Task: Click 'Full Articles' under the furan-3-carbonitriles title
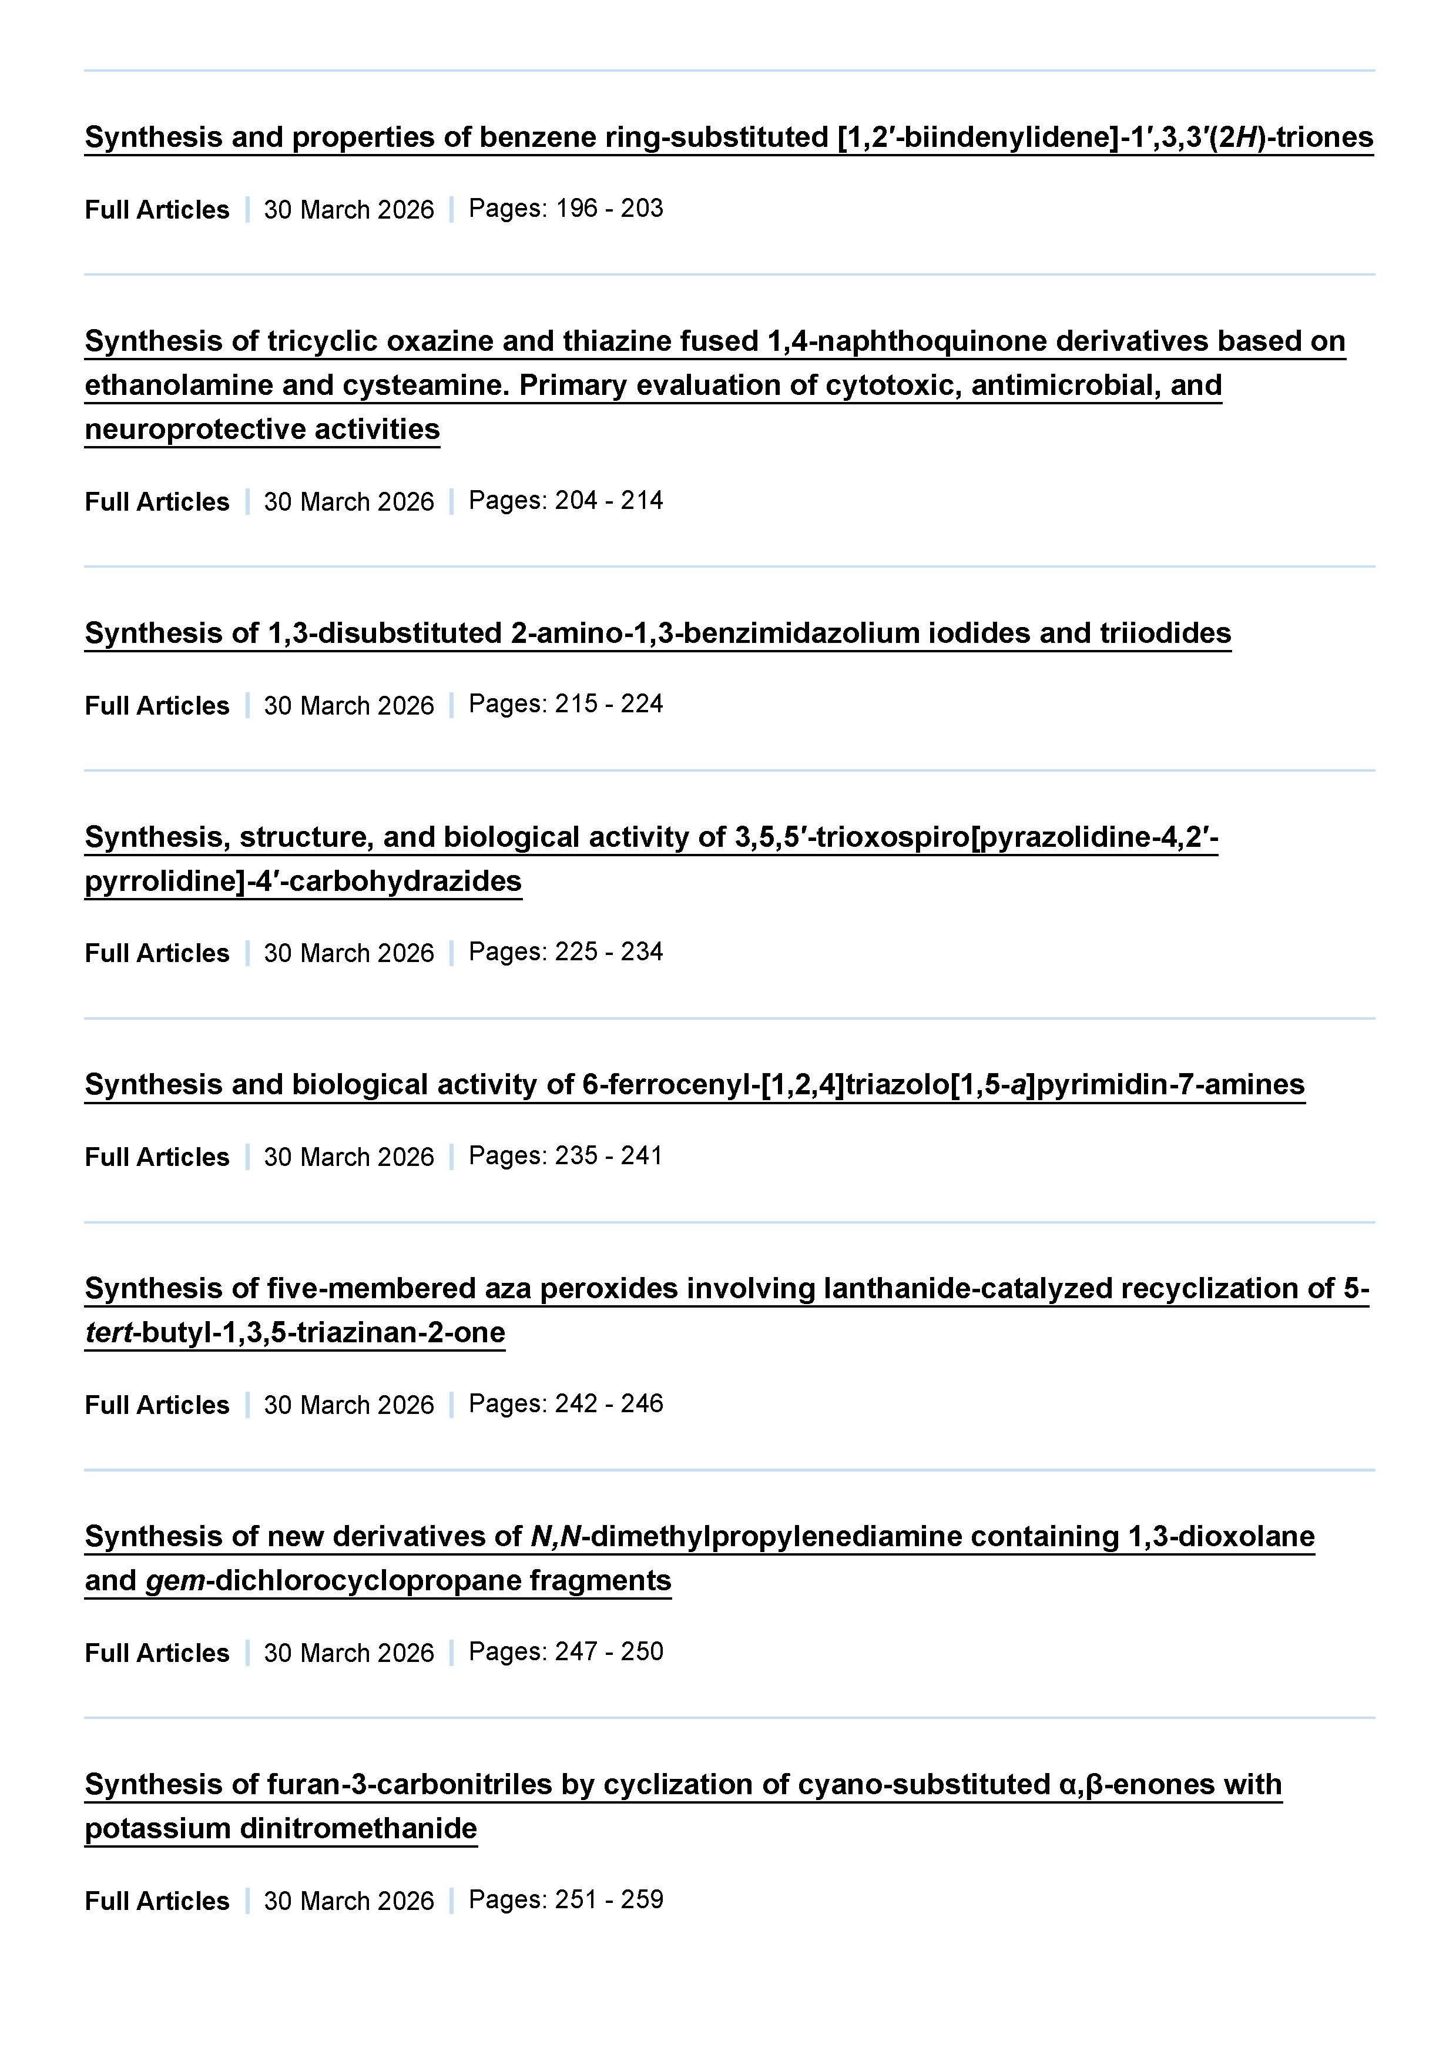click(x=157, y=1901)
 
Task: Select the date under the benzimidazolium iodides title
click(x=348, y=706)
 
